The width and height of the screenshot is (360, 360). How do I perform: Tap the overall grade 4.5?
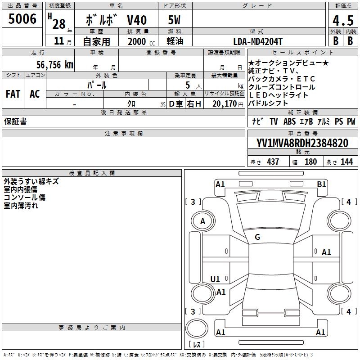click(342, 21)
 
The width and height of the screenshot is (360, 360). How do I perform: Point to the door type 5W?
click(174, 21)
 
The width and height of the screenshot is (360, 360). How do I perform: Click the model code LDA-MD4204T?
click(258, 41)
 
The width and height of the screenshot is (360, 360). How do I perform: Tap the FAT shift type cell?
click(13, 94)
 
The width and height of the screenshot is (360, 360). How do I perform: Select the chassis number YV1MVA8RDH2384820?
click(302, 143)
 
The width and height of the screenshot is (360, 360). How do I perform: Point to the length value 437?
click(273, 162)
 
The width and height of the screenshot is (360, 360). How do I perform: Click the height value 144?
click(346, 162)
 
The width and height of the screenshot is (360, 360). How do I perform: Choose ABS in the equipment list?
click(290, 121)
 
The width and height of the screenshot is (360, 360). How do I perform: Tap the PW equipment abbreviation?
click(351, 121)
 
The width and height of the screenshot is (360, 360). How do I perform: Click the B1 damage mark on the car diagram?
click(321, 184)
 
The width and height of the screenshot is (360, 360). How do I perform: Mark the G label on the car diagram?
click(257, 237)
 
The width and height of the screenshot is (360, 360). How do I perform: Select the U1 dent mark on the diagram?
click(215, 279)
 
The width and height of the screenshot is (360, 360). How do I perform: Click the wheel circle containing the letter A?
click(202, 221)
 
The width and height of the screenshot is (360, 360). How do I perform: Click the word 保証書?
click(15, 121)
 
